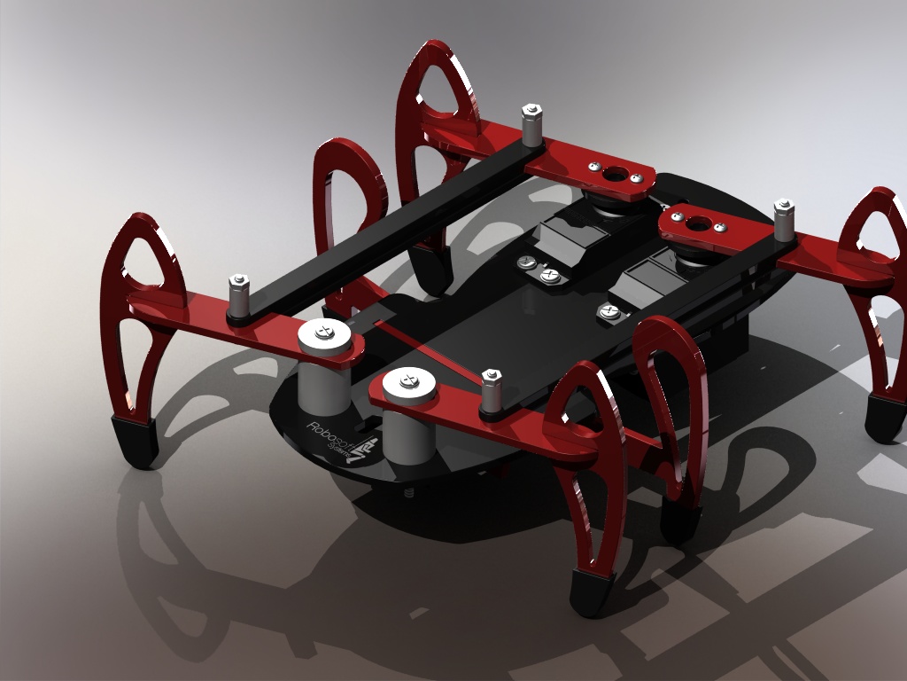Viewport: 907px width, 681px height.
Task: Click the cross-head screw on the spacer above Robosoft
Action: point(325,333)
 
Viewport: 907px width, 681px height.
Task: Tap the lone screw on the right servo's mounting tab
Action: point(609,310)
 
